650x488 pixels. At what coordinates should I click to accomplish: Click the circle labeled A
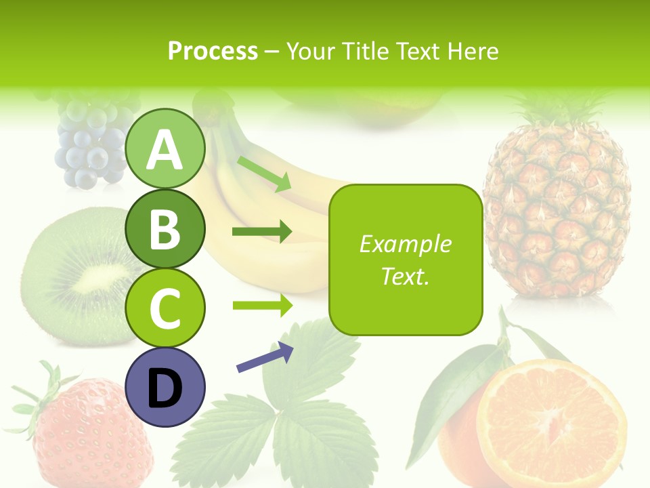pyautogui.click(x=165, y=150)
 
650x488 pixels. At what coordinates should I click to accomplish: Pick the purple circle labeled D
pyautogui.click(x=165, y=387)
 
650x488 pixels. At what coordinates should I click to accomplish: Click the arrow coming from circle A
pyautogui.click(x=264, y=172)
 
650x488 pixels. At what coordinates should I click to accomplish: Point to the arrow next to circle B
pyautogui.click(x=262, y=232)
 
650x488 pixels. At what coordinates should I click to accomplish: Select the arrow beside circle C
pyautogui.click(x=262, y=305)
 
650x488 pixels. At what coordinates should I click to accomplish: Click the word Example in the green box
pyautogui.click(x=405, y=244)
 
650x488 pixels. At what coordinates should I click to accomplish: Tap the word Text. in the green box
pyautogui.click(x=405, y=276)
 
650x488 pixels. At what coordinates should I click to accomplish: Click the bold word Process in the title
pyautogui.click(x=213, y=51)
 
